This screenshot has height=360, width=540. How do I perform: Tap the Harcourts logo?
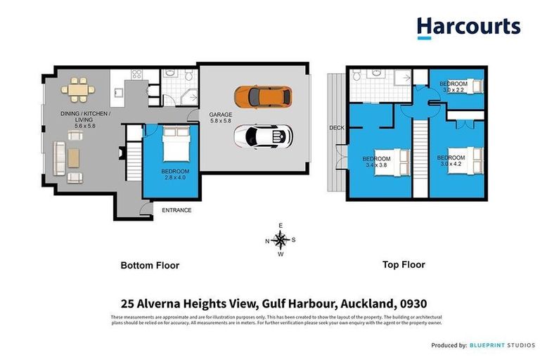click(x=468, y=27)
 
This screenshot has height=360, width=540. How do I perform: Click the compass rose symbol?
click(x=281, y=240)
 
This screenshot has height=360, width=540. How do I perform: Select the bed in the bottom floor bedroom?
click(x=174, y=146)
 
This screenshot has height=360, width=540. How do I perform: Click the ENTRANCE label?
click(x=176, y=210)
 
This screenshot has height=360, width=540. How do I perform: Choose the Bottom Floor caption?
click(x=150, y=266)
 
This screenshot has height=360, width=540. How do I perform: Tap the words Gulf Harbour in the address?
click(x=299, y=304)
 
